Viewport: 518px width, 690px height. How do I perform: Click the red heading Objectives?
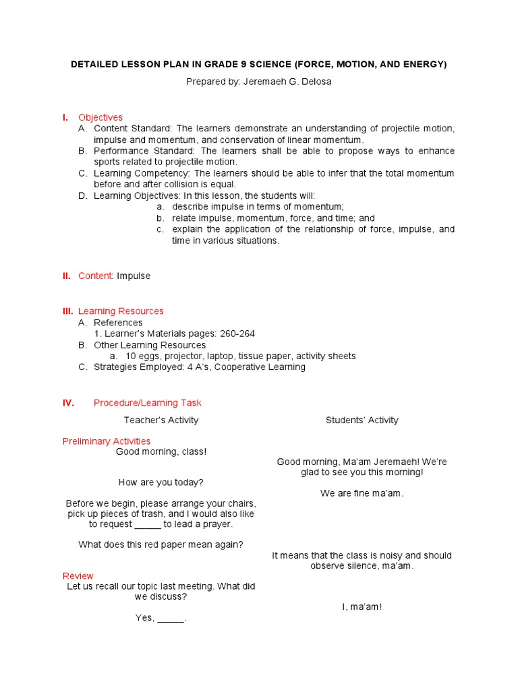pos(100,117)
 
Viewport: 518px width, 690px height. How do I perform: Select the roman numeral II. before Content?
pos(67,276)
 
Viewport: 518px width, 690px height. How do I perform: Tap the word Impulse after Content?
pos(134,276)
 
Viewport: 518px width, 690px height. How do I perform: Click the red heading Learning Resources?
pos(121,311)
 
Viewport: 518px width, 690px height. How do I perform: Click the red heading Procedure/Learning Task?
pos(147,403)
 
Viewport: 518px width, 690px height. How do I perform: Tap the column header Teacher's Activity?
pos(161,420)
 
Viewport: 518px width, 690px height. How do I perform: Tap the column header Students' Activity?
pos(362,420)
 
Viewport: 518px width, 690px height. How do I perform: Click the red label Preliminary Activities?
pos(107,441)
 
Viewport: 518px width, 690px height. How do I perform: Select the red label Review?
pos(78,576)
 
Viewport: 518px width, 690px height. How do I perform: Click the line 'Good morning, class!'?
pos(161,451)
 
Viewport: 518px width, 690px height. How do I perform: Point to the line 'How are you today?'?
pos(161,482)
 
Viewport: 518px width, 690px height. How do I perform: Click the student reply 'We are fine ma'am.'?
pos(362,493)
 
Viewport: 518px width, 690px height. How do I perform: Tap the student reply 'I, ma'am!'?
pos(362,607)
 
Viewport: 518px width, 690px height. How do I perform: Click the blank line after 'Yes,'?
pos(171,618)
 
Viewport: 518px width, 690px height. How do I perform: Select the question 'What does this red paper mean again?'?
pos(161,544)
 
